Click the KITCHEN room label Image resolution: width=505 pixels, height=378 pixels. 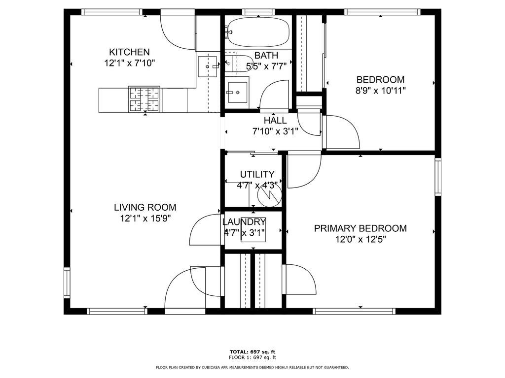coord(129,52)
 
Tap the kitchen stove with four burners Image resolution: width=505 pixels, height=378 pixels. coord(144,99)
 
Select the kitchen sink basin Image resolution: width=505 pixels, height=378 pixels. coord(207,66)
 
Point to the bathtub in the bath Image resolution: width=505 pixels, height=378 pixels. coord(258,31)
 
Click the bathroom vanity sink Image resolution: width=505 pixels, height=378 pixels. coord(237,93)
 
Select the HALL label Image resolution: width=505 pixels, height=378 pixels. coord(275,121)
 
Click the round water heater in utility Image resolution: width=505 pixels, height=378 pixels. coord(270,195)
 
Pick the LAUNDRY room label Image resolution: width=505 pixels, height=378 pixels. coord(244,222)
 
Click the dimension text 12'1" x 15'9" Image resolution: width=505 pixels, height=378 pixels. coord(145,219)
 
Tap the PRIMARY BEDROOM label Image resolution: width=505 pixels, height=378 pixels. coord(361,228)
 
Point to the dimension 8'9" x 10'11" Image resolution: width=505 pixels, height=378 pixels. coord(380,91)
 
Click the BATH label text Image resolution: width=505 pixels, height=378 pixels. coord(266,55)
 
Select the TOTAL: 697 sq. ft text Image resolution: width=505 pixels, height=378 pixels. coord(252,352)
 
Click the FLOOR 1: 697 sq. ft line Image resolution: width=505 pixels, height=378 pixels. coord(252,357)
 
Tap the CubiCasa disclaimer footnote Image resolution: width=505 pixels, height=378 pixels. coord(252,367)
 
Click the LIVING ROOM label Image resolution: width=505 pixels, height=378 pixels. coord(145,207)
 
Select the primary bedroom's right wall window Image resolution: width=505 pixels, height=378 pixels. coord(438,177)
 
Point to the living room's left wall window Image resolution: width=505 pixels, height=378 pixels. coord(67,283)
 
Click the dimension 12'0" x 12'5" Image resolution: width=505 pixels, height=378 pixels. coord(361,240)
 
